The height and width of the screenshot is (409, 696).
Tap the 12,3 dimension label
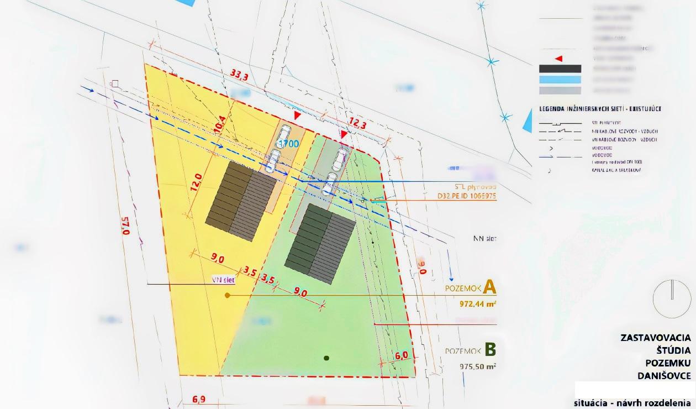point(357,125)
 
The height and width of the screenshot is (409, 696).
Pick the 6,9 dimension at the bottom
point(199,399)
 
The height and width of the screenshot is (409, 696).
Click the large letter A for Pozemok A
point(489,287)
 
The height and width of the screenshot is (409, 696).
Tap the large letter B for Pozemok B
point(490,350)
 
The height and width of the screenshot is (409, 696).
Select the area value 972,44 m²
point(477,303)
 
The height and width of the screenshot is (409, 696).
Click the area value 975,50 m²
point(477,366)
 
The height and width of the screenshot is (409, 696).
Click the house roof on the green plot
point(320,243)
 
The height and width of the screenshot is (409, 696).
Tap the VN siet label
point(224,280)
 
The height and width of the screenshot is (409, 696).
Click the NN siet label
point(484,239)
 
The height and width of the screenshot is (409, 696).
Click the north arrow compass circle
point(672,298)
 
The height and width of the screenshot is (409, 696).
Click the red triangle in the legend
point(558,58)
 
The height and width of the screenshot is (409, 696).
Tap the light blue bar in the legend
point(560,80)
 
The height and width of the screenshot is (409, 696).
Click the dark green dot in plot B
point(326,358)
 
